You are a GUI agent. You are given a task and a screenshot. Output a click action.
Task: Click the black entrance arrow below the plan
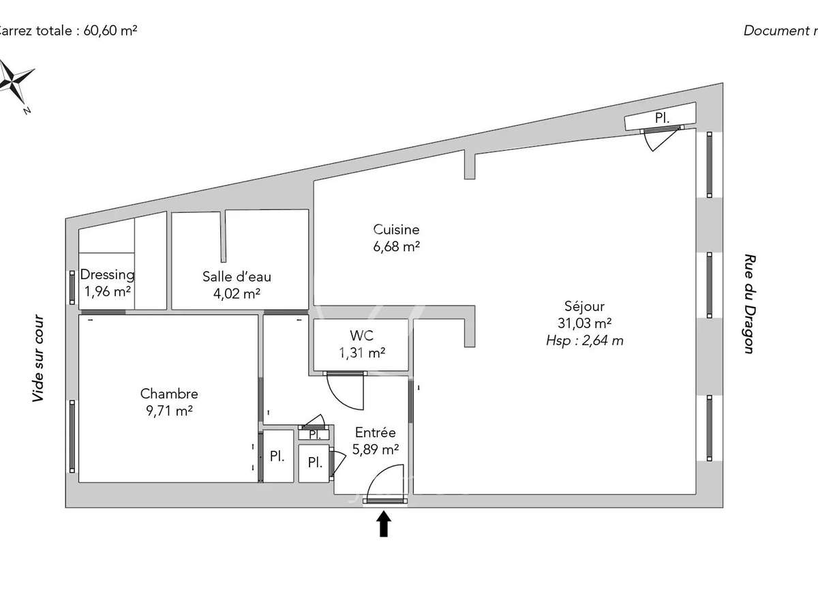point(384,525)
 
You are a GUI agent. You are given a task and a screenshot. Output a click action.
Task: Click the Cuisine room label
point(396,230)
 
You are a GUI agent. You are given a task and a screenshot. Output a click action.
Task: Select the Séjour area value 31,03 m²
point(584,323)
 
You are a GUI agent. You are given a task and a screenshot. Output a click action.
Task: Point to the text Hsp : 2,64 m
point(584,340)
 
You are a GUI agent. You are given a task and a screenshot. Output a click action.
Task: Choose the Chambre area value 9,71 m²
point(169,411)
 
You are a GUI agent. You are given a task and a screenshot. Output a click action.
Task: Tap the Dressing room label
point(107,275)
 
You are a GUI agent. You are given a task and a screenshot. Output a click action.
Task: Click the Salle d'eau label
point(237,276)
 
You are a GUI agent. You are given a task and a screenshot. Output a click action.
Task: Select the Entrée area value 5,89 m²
point(375,450)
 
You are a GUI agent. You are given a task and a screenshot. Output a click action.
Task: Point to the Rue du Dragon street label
point(748,304)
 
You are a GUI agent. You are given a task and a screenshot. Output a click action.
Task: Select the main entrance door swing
point(384,482)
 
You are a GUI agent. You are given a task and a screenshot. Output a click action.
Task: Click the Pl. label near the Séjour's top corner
point(661,118)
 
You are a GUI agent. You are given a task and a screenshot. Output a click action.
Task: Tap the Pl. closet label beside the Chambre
point(277,457)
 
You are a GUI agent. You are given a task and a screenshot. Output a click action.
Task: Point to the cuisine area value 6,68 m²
point(396,247)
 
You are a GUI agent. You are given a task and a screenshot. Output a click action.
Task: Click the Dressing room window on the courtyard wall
point(72,287)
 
